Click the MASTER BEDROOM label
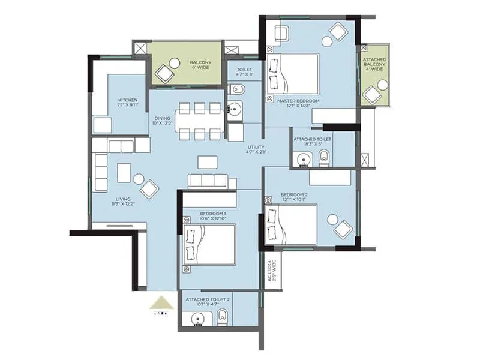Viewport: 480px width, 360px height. click(x=298, y=104)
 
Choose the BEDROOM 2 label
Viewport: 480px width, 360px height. click(x=293, y=197)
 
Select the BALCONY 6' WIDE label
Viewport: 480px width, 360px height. click(x=200, y=65)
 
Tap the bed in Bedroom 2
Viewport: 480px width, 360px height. click(x=291, y=224)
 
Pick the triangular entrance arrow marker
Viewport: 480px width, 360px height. click(x=161, y=302)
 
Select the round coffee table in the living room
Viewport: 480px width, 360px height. click(x=139, y=179)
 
